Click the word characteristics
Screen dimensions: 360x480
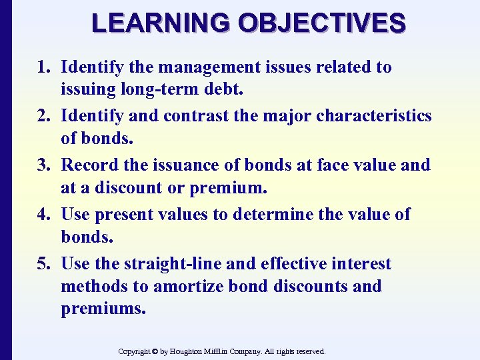[374, 116]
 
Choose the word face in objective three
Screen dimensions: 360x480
[320, 165]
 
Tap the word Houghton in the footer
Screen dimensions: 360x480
[192, 351]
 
